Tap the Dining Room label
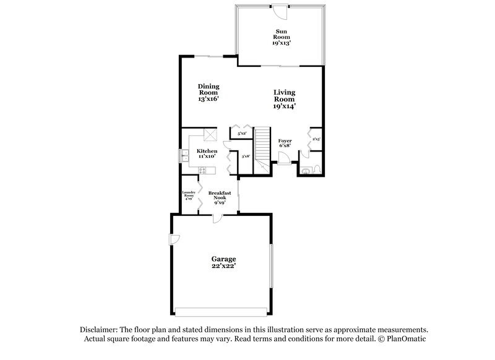(209, 92)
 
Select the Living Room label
(285, 99)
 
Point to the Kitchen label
(207, 154)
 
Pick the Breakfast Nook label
(220, 197)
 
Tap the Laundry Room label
(189, 196)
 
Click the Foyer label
(285, 144)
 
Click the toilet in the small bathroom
(316, 168)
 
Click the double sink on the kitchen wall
(184, 155)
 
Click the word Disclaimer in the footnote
(100, 330)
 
